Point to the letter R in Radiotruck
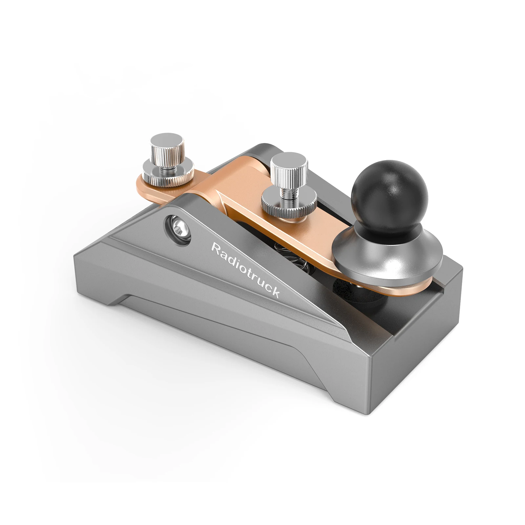[215, 248]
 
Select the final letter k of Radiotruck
[275, 292]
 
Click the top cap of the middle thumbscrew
[289, 161]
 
